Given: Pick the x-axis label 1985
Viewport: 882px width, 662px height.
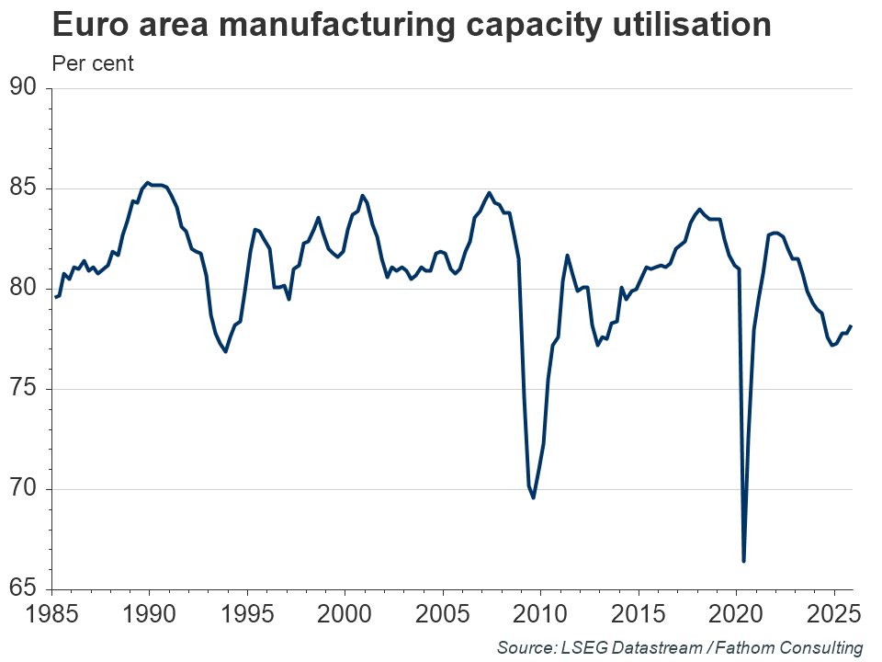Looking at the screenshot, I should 51,613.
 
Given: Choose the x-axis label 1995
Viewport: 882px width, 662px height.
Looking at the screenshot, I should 247,613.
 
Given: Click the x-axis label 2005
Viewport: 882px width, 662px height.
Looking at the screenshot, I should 443,613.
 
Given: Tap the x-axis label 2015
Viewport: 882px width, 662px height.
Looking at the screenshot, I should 639,613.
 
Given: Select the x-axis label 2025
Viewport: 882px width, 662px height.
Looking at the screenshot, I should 833,613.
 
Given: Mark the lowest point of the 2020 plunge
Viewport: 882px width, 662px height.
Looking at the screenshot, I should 743,561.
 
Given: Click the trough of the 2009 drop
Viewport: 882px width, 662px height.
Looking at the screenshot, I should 534,497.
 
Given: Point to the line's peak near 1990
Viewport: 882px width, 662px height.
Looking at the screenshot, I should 148,183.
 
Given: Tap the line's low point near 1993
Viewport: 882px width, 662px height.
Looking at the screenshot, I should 225,351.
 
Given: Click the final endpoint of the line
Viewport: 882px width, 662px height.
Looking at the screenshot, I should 851,326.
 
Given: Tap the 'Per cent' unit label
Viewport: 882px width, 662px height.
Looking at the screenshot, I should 93,64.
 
